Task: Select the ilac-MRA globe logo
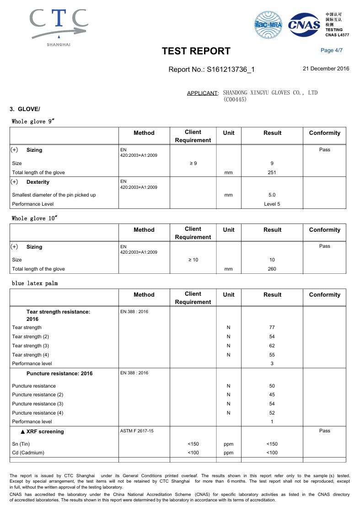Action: (269, 24)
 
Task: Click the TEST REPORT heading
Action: (196, 51)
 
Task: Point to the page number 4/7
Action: (332, 50)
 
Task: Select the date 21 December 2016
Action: (326, 69)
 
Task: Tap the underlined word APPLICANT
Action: (202, 93)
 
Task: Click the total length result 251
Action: (272, 173)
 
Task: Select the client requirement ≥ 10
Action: (193, 260)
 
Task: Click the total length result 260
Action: (272, 269)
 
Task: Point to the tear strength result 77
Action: (272, 328)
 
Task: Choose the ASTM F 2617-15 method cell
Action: (137, 431)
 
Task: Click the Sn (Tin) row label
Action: (21, 444)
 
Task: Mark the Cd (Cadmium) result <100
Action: (272, 453)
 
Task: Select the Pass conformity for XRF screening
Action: (324, 431)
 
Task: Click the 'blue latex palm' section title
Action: (35, 284)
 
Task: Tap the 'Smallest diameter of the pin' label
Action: (54, 195)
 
